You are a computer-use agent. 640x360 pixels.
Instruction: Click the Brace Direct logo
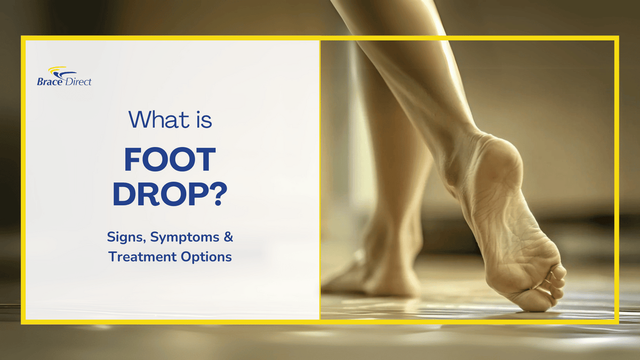click(64, 76)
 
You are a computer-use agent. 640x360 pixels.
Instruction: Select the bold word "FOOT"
click(170, 161)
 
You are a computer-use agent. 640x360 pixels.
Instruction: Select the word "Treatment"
click(141, 257)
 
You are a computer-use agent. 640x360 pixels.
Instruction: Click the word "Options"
click(206, 257)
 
